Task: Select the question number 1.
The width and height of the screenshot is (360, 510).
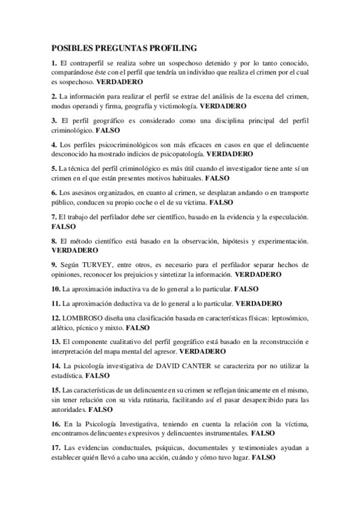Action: (54, 63)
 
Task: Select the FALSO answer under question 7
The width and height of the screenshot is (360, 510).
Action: (63, 227)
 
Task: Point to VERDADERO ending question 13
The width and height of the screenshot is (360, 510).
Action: (203, 351)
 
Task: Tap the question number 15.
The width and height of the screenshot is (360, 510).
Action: (56, 390)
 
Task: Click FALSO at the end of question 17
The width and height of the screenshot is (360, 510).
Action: (263, 457)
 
